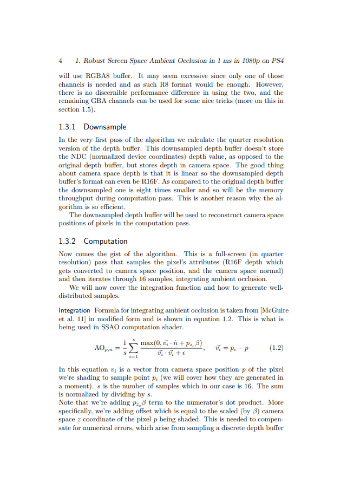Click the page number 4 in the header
coord(60,61)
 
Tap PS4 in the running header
coord(277,61)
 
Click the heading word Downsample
coord(105,127)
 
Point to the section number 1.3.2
coord(67,241)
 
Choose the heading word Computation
coord(106,241)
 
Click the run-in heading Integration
coord(74,310)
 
